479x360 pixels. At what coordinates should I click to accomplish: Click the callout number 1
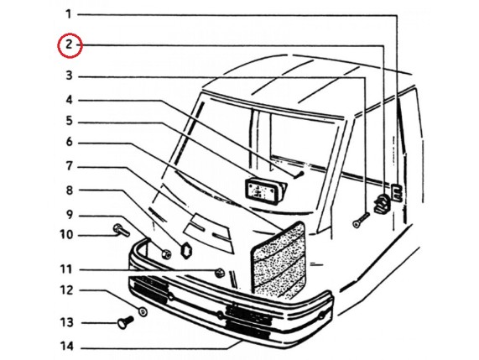click(x=69, y=14)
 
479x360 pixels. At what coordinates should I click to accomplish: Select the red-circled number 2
click(x=69, y=45)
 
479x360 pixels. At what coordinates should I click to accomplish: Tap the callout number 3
click(x=70, y=76)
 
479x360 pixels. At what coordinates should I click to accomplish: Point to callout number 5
click(x=70, y=121)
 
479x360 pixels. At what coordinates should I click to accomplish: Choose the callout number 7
click(x=70, y=166)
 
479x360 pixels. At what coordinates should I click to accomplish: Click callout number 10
click(x=66, y=235)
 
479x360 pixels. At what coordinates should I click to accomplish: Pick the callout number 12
click(x=66, y=290)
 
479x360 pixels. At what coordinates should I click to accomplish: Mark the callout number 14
click(x=66, y=347)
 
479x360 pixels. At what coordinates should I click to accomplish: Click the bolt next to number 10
click(x=122, y=230)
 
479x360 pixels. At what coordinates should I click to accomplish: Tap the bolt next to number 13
click(x=125, y=322)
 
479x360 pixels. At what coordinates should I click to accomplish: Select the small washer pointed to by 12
click(x=143, y=311)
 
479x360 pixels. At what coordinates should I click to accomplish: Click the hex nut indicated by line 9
click(x=166, y=253)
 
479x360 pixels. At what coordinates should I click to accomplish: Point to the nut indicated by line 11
click(x=220, y=272)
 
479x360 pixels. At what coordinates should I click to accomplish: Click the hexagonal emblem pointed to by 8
click(x=185, y=250)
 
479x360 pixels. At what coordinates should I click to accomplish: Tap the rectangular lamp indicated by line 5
click(x=265, y=190)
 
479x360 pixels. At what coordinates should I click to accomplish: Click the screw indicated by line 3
click(x=361, y=220)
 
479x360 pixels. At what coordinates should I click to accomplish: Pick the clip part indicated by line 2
click(x=382, y=203)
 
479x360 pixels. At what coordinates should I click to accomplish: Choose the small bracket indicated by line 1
click(x=397, y=192)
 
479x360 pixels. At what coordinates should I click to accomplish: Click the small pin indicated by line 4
click(x=299, y=175)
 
